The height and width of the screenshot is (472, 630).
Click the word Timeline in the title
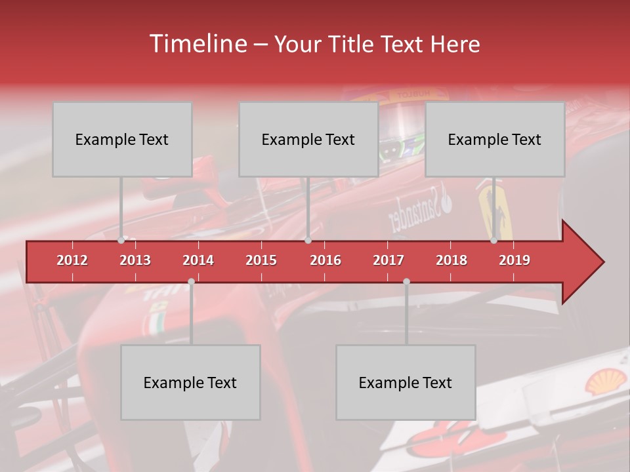pos(197,44)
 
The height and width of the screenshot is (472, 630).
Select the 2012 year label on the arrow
pos(72,260)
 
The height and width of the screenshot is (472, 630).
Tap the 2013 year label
pos(135,260)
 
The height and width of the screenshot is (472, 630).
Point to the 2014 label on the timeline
pos(198,260)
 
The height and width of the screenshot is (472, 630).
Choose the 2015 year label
pos(261,260)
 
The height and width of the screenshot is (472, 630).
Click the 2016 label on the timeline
pos(325,260)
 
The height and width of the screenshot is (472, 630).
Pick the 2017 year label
pos(388,260)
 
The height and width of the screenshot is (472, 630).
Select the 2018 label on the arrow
pos(451,260)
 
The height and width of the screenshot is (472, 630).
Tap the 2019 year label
pos(514,260)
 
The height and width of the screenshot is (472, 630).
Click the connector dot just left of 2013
pos(121,241)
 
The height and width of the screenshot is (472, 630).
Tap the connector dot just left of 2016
pos(308,241)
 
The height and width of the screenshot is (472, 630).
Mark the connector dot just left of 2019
pos(494,241)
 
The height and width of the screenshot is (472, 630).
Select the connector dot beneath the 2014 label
pos(191,282)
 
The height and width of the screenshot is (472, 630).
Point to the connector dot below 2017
pos(406,282)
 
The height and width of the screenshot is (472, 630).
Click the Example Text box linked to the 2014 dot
pos(190,382)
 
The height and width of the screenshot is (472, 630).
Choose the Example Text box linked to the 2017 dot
pos(406,382)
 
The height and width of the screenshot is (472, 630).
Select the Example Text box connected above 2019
pos(495,139)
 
